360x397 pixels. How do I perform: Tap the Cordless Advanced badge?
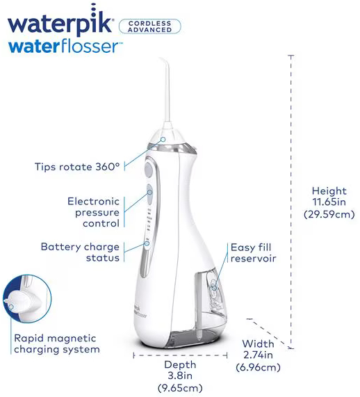(150, 26)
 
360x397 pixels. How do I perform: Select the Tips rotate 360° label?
(77, 167)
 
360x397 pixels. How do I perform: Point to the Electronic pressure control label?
(93, 212)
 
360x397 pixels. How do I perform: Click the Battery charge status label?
(80, 252)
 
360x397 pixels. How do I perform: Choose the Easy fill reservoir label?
(253, 252)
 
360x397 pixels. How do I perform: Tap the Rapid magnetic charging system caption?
(57, 343)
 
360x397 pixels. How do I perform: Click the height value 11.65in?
(329, 202)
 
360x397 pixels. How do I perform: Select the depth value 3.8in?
(180, 375)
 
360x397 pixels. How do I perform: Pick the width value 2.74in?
(258, 355)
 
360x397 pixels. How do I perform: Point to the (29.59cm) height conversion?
(329, 214)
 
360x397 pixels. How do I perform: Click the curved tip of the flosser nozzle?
(163, 60)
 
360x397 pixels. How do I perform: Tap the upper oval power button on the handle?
(148, 170)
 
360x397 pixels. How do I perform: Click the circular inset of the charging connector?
(27, 299)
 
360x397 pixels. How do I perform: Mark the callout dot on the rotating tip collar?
(163, 139)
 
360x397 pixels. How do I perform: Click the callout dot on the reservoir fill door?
(214, 288)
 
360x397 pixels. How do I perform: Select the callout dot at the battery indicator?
(147, 243)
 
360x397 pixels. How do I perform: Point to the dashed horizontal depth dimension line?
(180, 355)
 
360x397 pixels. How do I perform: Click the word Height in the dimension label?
(329, 191)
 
